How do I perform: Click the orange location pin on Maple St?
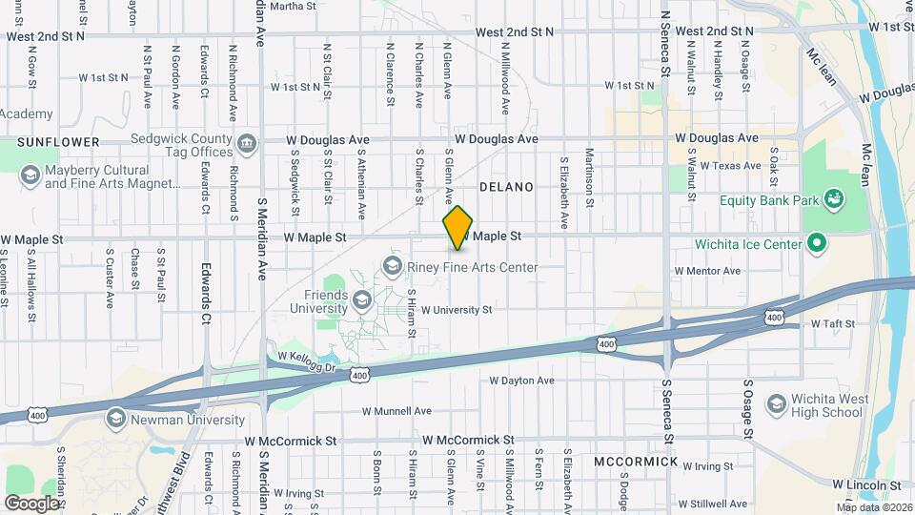pyautogui.click(x=458, y=228)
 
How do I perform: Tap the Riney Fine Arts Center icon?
pyautogui.click(x=392, y=264)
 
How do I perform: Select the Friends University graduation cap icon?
pyautogui.click(x=362, y=302)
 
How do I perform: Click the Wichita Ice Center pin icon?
pyautogui.click(x=816, y=244)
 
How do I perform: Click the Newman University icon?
pyautogui.click(x=115, y=420)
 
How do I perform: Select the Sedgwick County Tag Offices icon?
pyautogui.click(x=247, y=144)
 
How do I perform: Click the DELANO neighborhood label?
pyautogui.click(x=506, y=187)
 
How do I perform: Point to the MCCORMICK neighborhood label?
pyautogui.click(x=635, y=462)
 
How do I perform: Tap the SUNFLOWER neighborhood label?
pyautogui.click(x=58, y=142)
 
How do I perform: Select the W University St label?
pyautogui.click(x=457, y=310)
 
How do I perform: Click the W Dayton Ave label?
pyautogui.click(x=521, y=381)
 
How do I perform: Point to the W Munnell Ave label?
pyautogui.click(x=396, y=411)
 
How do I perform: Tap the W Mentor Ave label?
pyautogui.click(x=707, y=271)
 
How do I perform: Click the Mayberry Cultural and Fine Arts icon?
pyautogui.click(x=30, y=175)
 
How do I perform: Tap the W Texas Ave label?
pyautogui.click(x=732, y=165)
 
